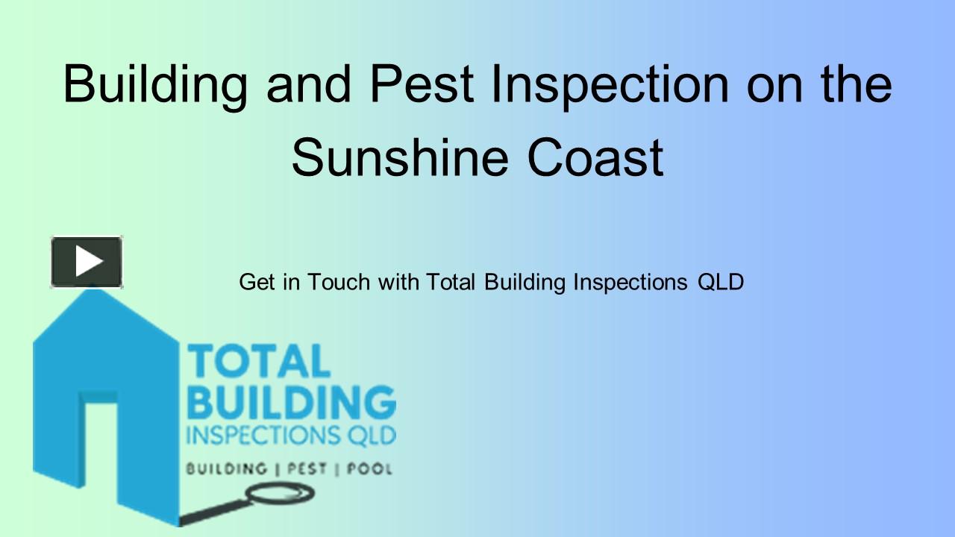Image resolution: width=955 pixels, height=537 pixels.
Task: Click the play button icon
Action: point(87,262)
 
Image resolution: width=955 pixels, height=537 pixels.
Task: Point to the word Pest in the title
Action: point(422,84)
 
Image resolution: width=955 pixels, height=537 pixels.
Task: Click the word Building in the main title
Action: point(155,84)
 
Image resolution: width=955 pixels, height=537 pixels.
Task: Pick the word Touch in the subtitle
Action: point(339,283)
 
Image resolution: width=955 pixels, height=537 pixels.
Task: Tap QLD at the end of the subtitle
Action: point(720,283)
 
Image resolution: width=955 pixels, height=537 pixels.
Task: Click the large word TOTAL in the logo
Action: point(258,362)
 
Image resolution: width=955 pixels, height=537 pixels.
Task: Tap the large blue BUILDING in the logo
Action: point(291,403)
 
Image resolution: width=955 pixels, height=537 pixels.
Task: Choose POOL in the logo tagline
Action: point(371,469)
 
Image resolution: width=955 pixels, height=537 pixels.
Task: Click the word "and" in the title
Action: point(308,84)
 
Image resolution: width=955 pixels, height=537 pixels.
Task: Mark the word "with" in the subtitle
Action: point(398,283)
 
